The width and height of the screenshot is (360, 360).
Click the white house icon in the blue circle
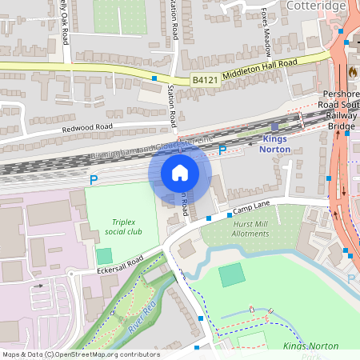[x=180, y=173]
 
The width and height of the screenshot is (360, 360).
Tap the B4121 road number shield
[x=204, y=79]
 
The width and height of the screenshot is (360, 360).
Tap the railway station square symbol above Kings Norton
[x=275, y=126]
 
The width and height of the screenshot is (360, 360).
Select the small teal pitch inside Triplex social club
[x=104, y=256]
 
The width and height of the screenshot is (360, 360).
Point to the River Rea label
[x=141, y=313]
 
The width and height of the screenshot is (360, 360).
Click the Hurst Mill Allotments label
[x=251, y=230]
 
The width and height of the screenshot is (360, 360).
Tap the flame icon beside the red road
[x=353, y=71]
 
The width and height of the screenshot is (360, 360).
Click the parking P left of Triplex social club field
[x=94, y=181]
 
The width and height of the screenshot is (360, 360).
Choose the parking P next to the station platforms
[x=222, y=150]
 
